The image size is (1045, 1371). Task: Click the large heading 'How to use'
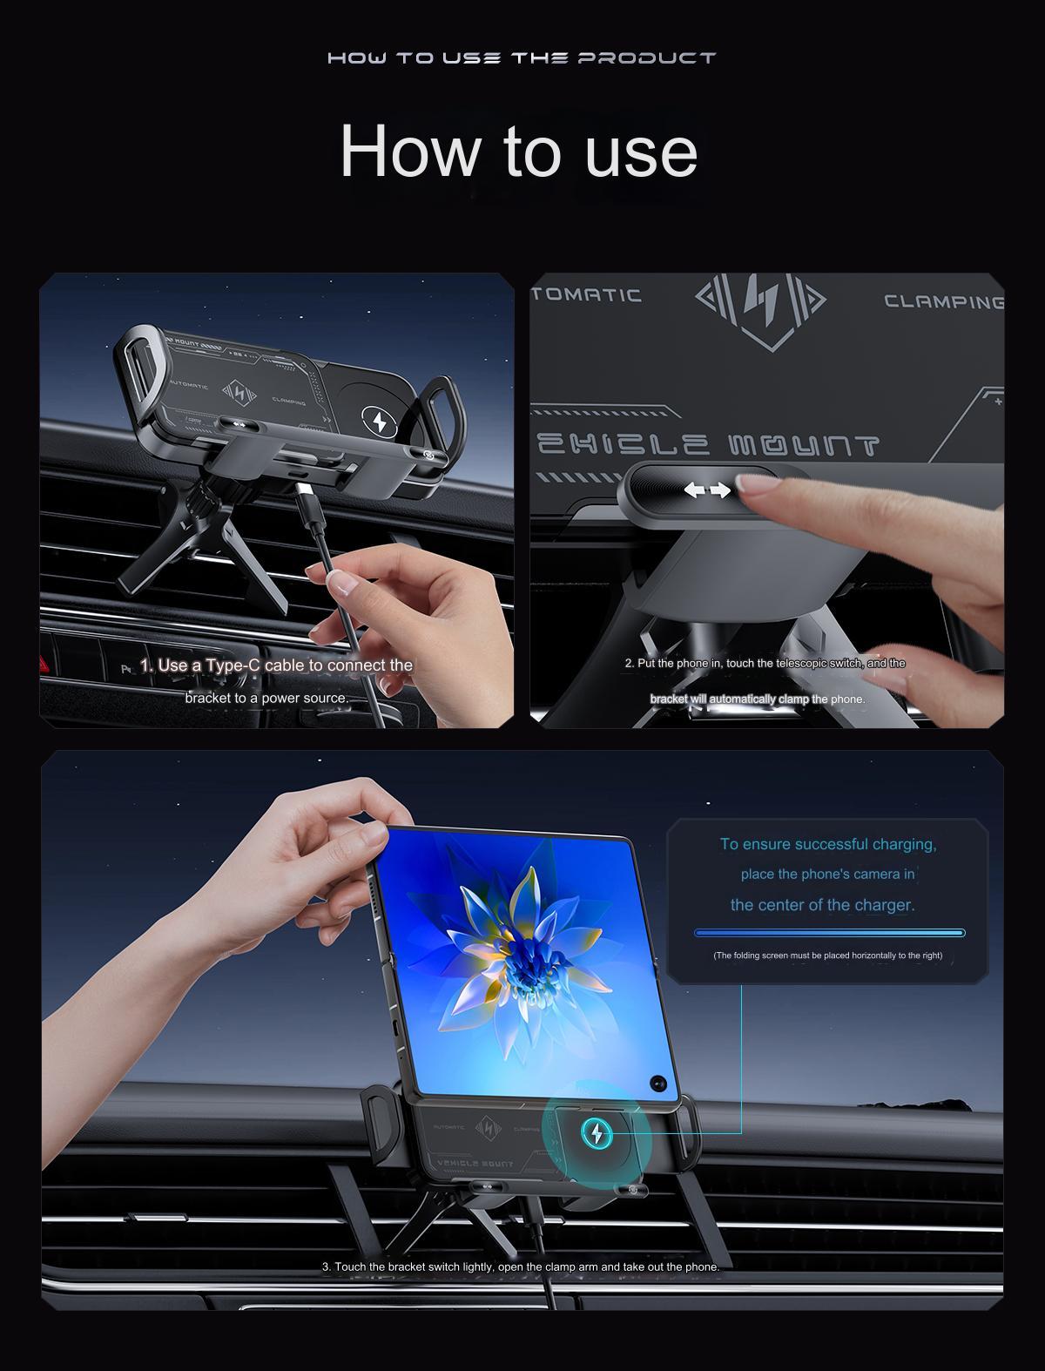tap(519, 152)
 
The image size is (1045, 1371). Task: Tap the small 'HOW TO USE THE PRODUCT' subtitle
tap(522, 58)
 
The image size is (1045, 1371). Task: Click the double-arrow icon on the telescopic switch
tap(706, 490)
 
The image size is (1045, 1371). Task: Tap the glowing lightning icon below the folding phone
tap(597, 1132)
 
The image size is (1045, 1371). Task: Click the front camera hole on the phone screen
tap(657, 1084)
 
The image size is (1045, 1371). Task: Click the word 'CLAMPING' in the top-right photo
tap(943, 302)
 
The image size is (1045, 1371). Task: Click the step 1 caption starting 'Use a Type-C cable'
tap(276, 665)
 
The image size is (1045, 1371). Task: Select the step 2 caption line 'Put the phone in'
tap(765, 664)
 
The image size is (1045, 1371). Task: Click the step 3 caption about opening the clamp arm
tap(521, 1266)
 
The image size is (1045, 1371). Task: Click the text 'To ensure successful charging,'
tap(828, 844)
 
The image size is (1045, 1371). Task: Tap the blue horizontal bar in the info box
tap(829, 933)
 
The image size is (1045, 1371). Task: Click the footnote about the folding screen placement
tap(827, 956)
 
